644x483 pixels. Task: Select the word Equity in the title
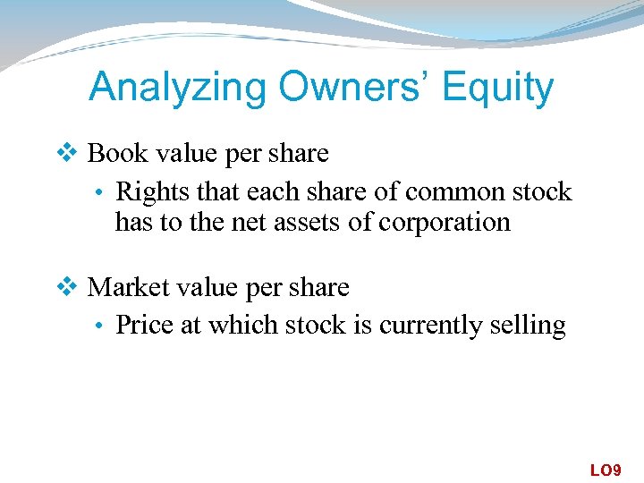[497, 88]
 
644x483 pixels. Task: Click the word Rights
[147, 191]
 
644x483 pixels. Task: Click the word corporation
[445, 221]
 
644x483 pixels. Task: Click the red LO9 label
[605, 469]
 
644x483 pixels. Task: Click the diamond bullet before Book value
[72, 154]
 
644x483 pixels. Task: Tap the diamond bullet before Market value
[72, 287]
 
